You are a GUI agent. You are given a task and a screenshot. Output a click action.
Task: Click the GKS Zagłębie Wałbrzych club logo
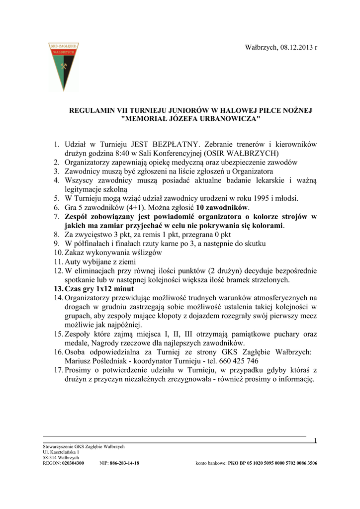[x=63, y=66]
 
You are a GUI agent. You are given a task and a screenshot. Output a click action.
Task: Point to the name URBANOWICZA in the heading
[x=229, y=119]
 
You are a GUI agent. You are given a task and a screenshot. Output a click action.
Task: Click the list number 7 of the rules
[x=57, y=217]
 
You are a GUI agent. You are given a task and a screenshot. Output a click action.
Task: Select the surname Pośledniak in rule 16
[x=115, y=361]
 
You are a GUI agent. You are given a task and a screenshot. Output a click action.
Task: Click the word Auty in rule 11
[x=73, y=261]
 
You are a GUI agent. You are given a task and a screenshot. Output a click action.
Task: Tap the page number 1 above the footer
[x=315, y=440]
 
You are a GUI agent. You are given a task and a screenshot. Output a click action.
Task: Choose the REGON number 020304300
[x=73, y=463]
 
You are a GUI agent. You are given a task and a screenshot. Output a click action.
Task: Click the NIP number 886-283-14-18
[x=124, y=463]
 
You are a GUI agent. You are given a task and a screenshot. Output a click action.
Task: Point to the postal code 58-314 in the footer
[x=50, y=458]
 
